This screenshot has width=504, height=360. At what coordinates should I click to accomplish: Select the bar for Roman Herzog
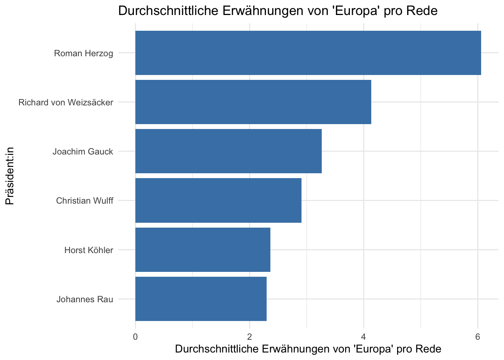pos(308,53)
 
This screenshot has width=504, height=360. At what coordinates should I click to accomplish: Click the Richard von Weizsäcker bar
pos(253,102)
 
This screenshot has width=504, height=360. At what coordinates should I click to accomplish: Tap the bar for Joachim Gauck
pos(228,151)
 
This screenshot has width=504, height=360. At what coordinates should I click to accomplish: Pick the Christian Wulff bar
pos(218,201)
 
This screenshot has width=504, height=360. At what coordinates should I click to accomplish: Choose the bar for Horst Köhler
pos(203,250)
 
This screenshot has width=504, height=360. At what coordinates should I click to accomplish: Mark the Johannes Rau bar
pos(201,299)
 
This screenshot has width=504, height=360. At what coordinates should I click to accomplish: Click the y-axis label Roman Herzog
pos(84,54)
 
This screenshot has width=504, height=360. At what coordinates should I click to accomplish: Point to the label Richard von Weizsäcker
pos(66,102)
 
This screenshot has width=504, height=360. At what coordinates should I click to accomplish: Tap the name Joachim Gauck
pos(83,151)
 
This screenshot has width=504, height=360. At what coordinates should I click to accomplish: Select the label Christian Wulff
pos(85,201)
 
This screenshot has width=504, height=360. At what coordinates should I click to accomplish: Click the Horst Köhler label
pos(88,250)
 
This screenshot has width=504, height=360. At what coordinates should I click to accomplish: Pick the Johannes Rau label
pos(85,299)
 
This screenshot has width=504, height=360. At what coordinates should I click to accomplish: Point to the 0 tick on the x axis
pos(135,337)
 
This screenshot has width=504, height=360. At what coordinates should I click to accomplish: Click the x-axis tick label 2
pos(249,337)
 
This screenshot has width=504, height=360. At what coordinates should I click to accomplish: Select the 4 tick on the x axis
pos(363,337)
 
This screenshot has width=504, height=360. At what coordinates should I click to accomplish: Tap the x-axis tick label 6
pos(477,337)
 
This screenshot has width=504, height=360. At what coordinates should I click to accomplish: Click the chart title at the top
pos(278,11)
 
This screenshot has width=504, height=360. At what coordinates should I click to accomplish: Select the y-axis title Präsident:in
pos(10,176)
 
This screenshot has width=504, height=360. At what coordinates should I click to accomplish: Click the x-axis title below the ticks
pos(308,349)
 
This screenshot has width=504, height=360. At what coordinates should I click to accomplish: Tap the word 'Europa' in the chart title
pos(356,11)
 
